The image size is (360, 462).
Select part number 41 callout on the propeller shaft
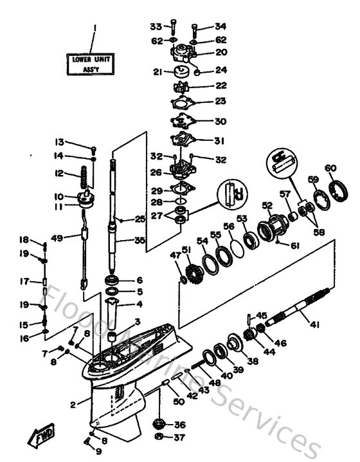point(314,325)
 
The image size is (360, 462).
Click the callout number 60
point(330,169)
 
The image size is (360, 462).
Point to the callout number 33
point(156,26)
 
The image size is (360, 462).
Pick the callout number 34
point(221,26)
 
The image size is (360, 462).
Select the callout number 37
point(179,438)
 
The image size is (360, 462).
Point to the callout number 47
point(174,256)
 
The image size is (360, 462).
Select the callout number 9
point(98,451)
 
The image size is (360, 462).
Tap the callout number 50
point(179,402)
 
